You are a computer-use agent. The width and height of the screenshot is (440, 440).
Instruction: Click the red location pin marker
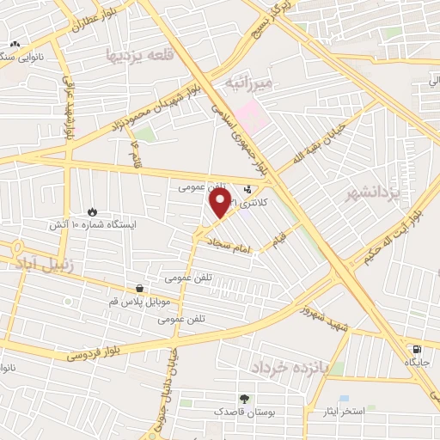(x=220, y=203)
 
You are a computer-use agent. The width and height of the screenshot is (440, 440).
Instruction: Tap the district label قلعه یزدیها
(x=134, y=54)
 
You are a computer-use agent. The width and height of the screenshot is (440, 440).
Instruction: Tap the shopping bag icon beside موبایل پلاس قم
(x=139, y=288)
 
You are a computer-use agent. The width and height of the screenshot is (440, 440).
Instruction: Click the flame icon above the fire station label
(x=92, y=211)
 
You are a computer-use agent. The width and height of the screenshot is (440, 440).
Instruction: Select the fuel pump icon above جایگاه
(x=417, y=350)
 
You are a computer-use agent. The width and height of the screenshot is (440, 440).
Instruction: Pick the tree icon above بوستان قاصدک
(x=244, y=399)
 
